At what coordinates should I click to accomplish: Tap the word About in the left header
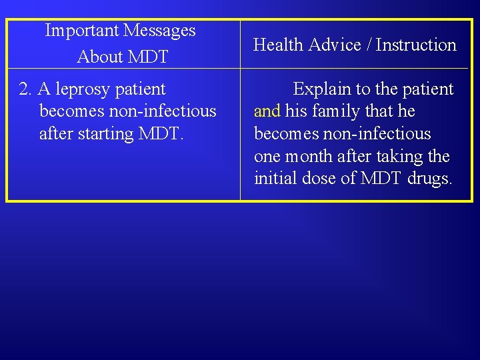99,57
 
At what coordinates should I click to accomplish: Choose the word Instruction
417,45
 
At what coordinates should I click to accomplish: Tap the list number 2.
25,89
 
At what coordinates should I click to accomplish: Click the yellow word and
267,111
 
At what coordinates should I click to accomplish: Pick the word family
335,111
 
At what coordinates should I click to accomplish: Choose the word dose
321,179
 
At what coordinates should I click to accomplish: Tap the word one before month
267,157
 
